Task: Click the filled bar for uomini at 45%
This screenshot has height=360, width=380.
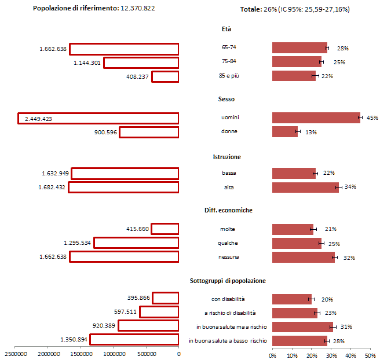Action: point(316,118)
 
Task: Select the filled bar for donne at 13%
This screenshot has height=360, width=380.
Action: point(285,132)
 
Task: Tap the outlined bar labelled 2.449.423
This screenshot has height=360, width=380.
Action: point(98,118)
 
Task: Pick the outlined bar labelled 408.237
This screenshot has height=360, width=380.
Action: point(165,76)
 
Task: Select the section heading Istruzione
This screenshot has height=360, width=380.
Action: point(227,157)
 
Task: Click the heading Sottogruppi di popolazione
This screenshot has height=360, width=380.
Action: point(228,281)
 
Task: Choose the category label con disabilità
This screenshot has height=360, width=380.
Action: point(228,299)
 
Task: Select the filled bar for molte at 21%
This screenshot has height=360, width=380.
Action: point(293,229)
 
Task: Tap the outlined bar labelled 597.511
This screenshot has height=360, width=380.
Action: point(159,312)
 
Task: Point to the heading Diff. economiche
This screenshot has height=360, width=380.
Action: point(228,210)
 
